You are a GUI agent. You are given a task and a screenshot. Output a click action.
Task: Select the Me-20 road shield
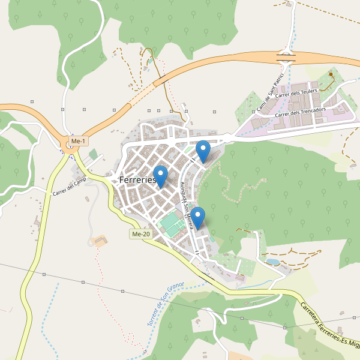coord(139,234)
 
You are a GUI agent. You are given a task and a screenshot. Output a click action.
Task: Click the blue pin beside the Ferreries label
coord(160,176)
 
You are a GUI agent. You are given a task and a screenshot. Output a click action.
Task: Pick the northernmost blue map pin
coord(203,150)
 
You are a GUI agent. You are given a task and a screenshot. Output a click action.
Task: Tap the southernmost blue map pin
coord(198,217)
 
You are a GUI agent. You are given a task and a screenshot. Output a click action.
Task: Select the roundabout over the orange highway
coord(286,58)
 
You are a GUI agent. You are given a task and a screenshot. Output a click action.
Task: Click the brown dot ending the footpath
coord(331,74)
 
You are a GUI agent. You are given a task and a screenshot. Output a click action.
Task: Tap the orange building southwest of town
coord(100,241)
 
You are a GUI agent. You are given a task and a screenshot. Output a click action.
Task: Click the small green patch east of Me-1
coord(93,154)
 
